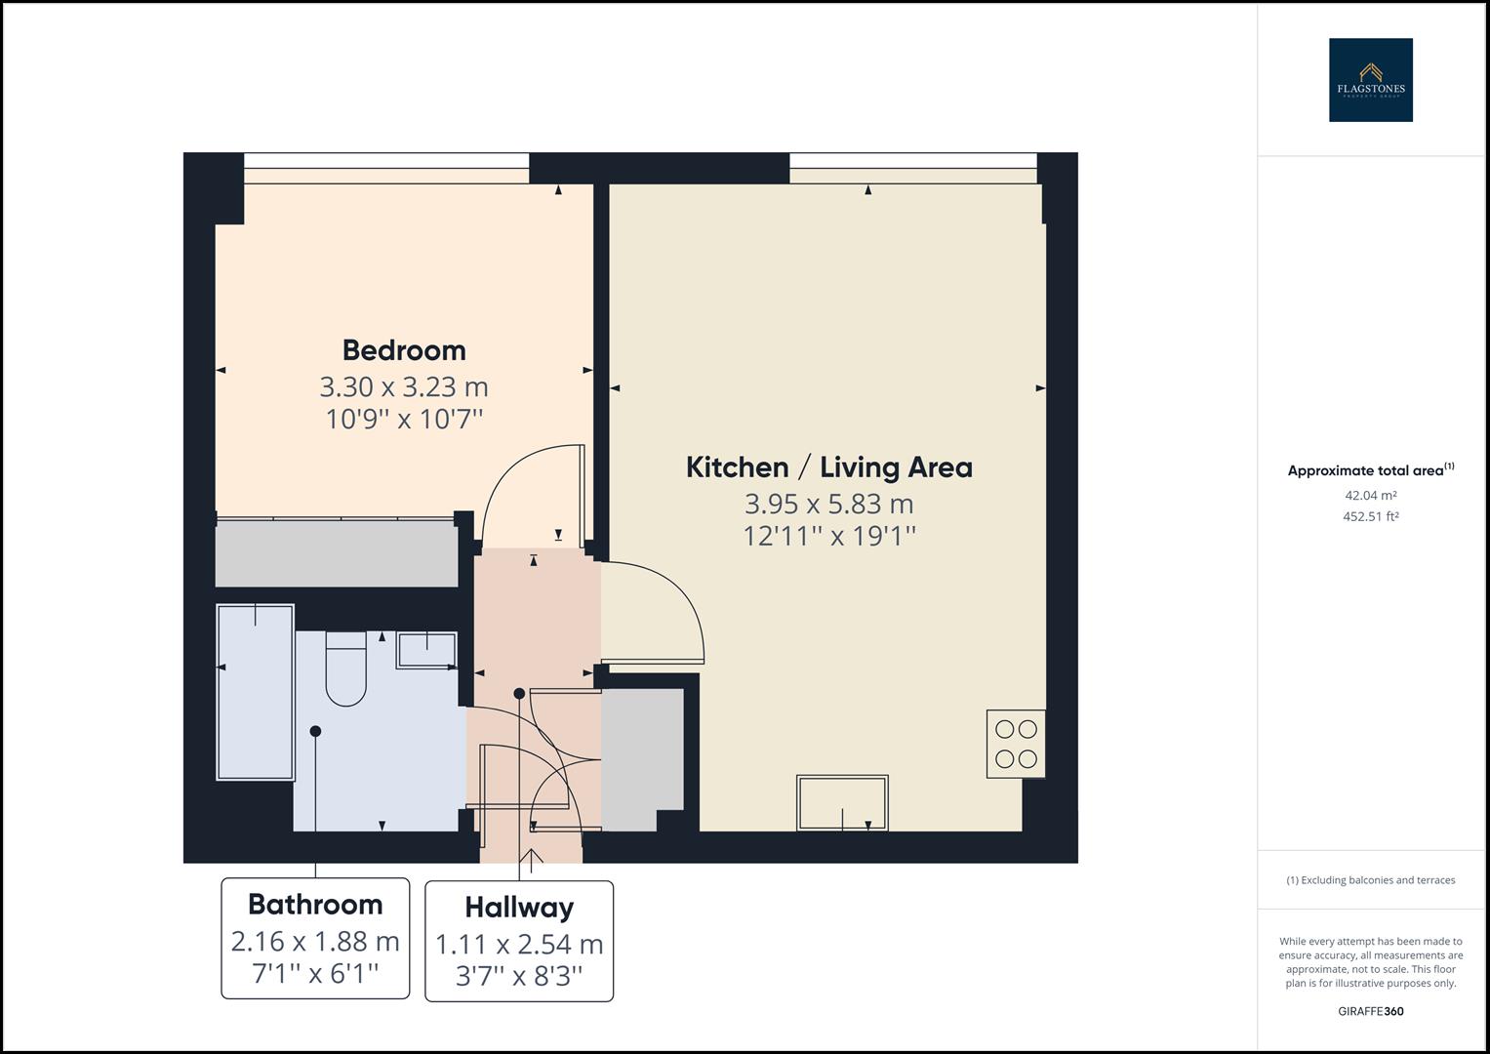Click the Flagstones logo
tap(1370, 80)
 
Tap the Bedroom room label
tap(404, 350)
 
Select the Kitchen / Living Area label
tap(828, 467)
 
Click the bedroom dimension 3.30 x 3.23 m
tap(404, 387)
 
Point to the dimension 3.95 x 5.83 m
tap(828, 505)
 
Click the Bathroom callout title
tap(315, 905)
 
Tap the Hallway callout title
tap(519, 908)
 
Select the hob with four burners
tap(1016, 744)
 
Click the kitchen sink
tap(843, 803)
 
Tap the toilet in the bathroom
tap(345, 669)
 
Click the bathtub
tap(255, 692)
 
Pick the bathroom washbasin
tap(426, 650)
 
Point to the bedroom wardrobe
tap(337, 554)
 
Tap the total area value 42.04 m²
tap(1370, 496)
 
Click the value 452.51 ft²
tap(1370, 517)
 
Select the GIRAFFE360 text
tap(1370, 1011)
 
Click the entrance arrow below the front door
tap(532, 860)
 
